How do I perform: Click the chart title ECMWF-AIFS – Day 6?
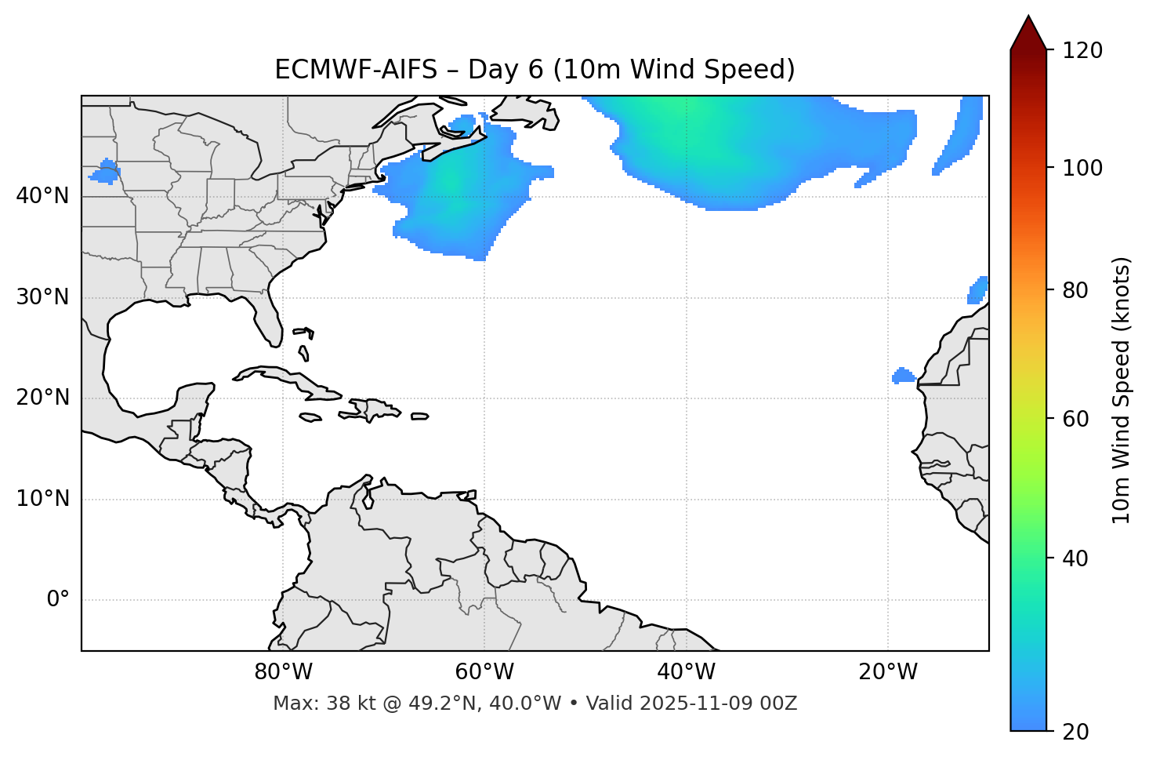(x=535, y=70)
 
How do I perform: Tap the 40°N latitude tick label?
(x=42, y=196)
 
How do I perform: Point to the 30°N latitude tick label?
(x=42, y=297)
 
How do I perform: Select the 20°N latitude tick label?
(x=42, y=398)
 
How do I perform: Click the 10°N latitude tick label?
(x=42, y=499)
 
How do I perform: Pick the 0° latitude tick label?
(x=57, y=600)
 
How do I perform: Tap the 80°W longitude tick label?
(x=283, y=672)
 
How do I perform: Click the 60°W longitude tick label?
(x=484, y=672)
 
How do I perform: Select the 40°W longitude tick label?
(x=686, y=672)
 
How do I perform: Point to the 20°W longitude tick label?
(x=887, y=672)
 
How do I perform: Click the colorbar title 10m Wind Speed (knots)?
(x=1122, y=390)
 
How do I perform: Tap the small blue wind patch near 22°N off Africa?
(x=904, y=376)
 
